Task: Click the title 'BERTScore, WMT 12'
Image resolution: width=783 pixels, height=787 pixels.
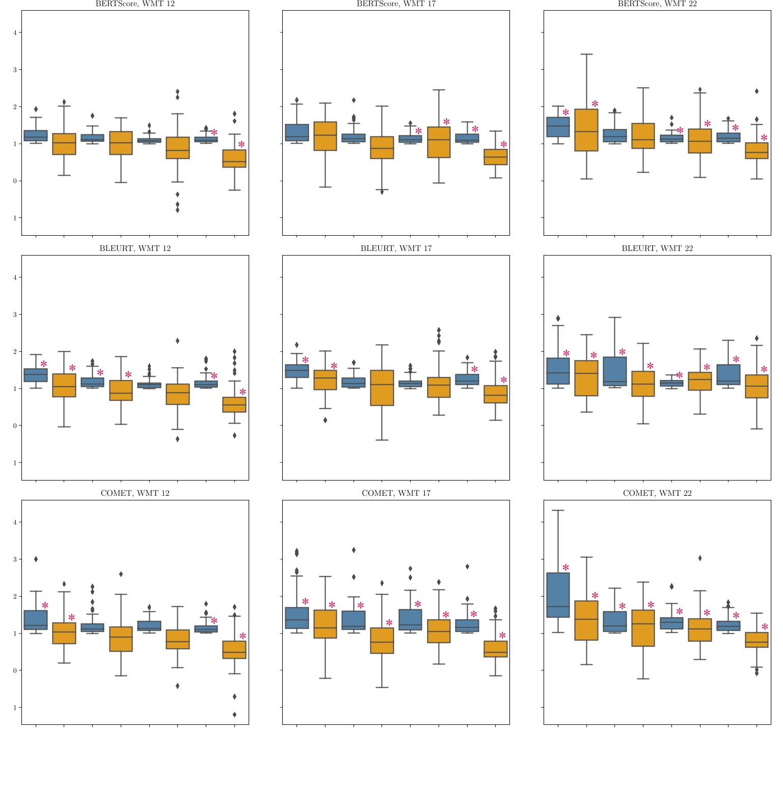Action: point(135,4)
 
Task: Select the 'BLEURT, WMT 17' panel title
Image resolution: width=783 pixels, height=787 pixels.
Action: point(396,248)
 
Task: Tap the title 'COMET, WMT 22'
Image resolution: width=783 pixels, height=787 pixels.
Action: point(657,493)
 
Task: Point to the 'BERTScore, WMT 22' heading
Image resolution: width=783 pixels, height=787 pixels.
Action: point(657,4)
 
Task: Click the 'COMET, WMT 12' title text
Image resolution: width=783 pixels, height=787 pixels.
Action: point(135,493)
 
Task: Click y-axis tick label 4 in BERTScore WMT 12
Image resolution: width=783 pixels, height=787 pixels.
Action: point(15,33)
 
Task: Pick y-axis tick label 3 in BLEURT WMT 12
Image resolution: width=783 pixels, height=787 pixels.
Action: point(15,315)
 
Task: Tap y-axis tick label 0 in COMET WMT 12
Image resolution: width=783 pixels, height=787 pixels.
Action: point(15,670)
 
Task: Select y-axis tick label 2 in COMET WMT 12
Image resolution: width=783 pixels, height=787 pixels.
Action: point(15,596)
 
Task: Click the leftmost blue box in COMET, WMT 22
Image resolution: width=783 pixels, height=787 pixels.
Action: point(558,595)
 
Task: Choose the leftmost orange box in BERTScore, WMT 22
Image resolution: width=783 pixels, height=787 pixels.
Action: point(586,130)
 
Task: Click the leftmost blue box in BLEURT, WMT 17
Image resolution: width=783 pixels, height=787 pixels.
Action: point(296,371)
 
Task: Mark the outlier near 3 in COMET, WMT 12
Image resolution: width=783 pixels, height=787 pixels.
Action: point(36,559)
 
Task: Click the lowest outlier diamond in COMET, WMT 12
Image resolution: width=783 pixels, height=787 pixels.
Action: point(234,715)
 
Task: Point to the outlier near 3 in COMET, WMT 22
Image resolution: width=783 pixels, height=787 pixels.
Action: point(700,558)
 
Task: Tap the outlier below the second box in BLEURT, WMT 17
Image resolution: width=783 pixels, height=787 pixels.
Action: point(325,420)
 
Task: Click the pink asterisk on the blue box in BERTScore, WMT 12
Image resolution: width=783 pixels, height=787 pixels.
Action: point(214,132)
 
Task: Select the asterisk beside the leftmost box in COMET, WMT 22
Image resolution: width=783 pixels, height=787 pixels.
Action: point(565,568)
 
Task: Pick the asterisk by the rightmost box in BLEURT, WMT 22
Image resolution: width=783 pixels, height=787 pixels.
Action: point(764,370)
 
